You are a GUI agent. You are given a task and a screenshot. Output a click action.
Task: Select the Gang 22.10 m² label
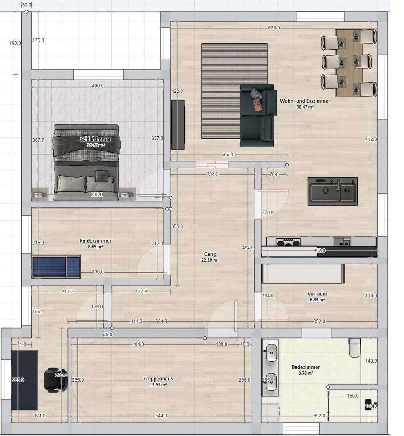(210, 257)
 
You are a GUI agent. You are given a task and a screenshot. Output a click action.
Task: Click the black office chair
(55, 379)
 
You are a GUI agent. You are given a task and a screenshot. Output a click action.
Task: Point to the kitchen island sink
(332, 191)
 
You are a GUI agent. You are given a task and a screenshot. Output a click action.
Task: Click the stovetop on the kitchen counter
(289, 242)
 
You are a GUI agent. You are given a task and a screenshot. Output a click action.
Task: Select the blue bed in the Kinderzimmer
(56, 266)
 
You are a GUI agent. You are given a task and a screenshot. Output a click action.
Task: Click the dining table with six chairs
(349, 63)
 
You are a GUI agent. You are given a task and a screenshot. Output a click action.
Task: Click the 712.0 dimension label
(371, 139)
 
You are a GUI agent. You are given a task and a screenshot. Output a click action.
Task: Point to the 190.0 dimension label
(15, 43)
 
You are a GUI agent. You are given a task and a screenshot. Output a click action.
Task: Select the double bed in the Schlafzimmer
(86, 163)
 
